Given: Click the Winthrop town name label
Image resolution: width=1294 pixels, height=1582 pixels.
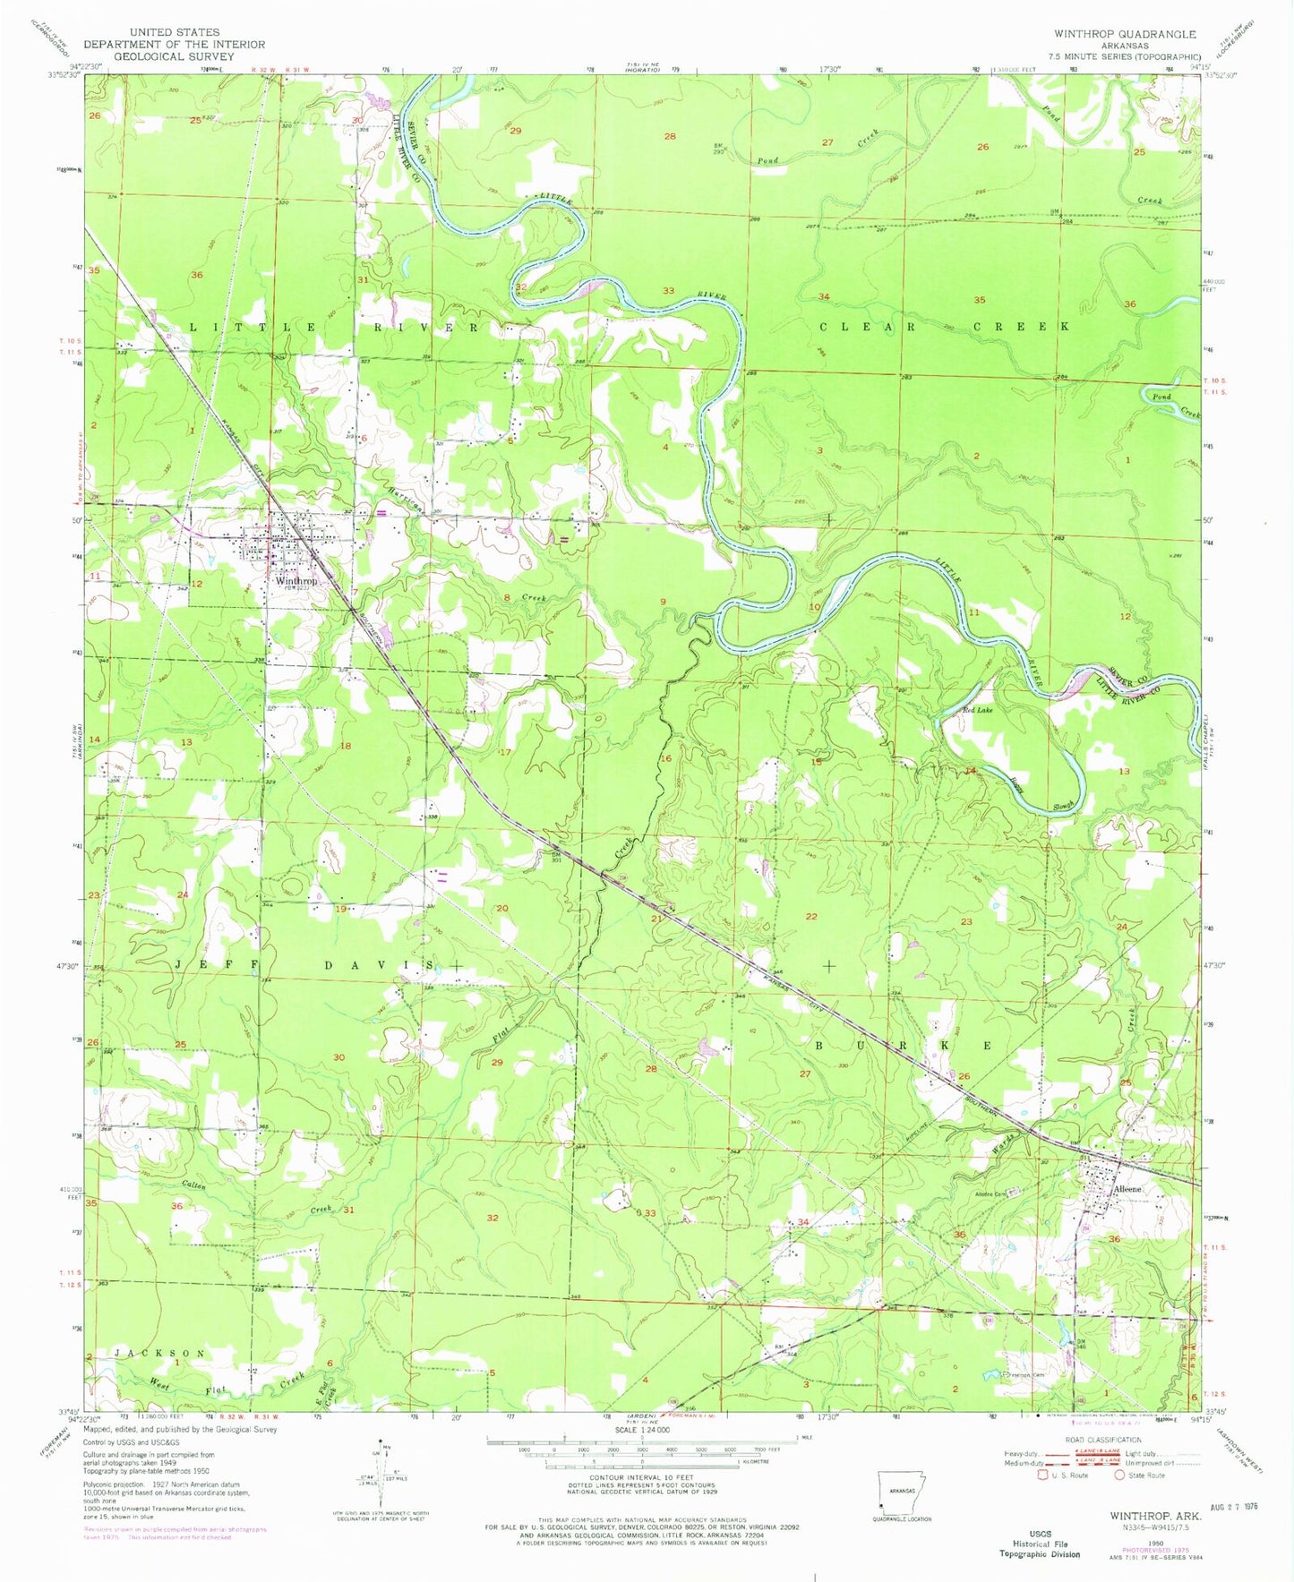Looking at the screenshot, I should coord(296,581).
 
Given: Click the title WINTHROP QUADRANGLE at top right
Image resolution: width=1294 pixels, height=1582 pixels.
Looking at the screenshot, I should coord(1124,34).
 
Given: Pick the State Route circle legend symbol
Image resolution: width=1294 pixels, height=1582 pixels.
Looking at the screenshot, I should coord(1119,1475).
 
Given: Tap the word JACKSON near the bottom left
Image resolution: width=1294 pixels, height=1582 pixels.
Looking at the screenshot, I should coord(159,1353).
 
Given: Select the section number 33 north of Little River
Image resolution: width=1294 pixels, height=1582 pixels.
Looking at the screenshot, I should coord(668,291).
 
